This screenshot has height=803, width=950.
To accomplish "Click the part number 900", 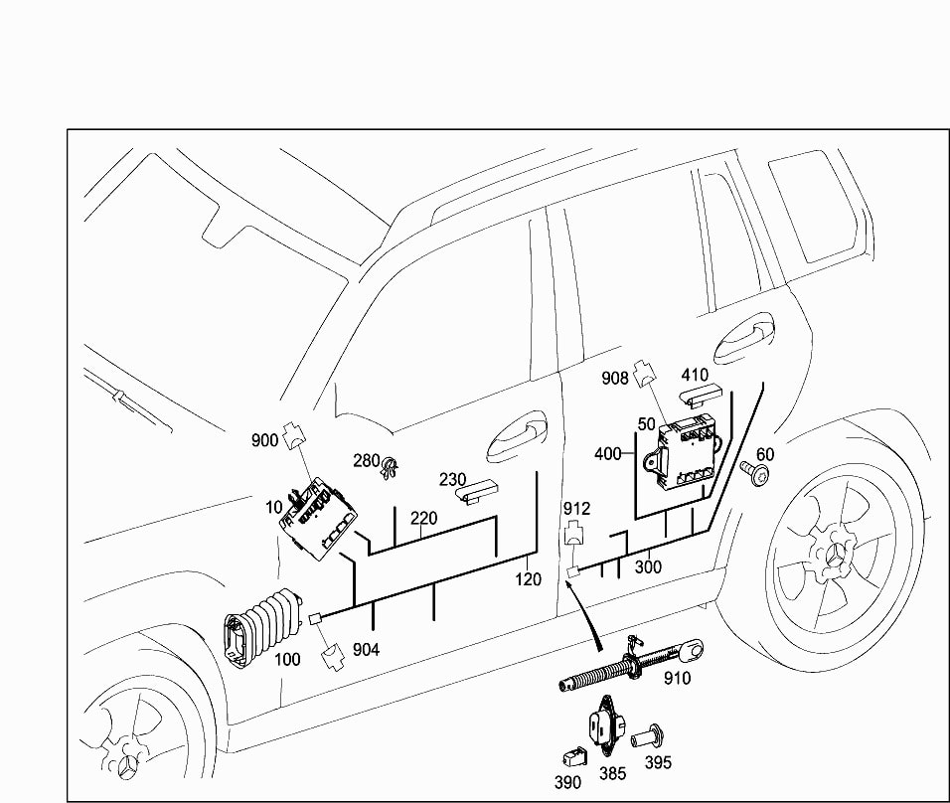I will tap(264, 441).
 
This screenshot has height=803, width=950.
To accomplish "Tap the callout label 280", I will tap(367, 461).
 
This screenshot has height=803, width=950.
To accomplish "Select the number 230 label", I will tap(453, 479).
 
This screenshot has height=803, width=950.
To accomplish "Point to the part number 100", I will tap(287, 659).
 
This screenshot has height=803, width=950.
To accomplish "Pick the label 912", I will tap(576, 509).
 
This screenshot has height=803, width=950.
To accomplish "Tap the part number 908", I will tap(616, 378).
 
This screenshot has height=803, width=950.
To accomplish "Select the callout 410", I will tap(694, 376).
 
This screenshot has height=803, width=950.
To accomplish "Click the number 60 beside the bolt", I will tap(765, 454).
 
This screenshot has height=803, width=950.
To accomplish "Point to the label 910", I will tap(677, 679).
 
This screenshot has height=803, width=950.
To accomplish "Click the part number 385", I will tap(612, 773).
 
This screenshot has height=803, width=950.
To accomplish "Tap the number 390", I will tap(567, 782).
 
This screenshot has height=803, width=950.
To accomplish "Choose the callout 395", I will tap(657, 762).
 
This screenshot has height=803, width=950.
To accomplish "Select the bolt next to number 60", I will tap(758, 474).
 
